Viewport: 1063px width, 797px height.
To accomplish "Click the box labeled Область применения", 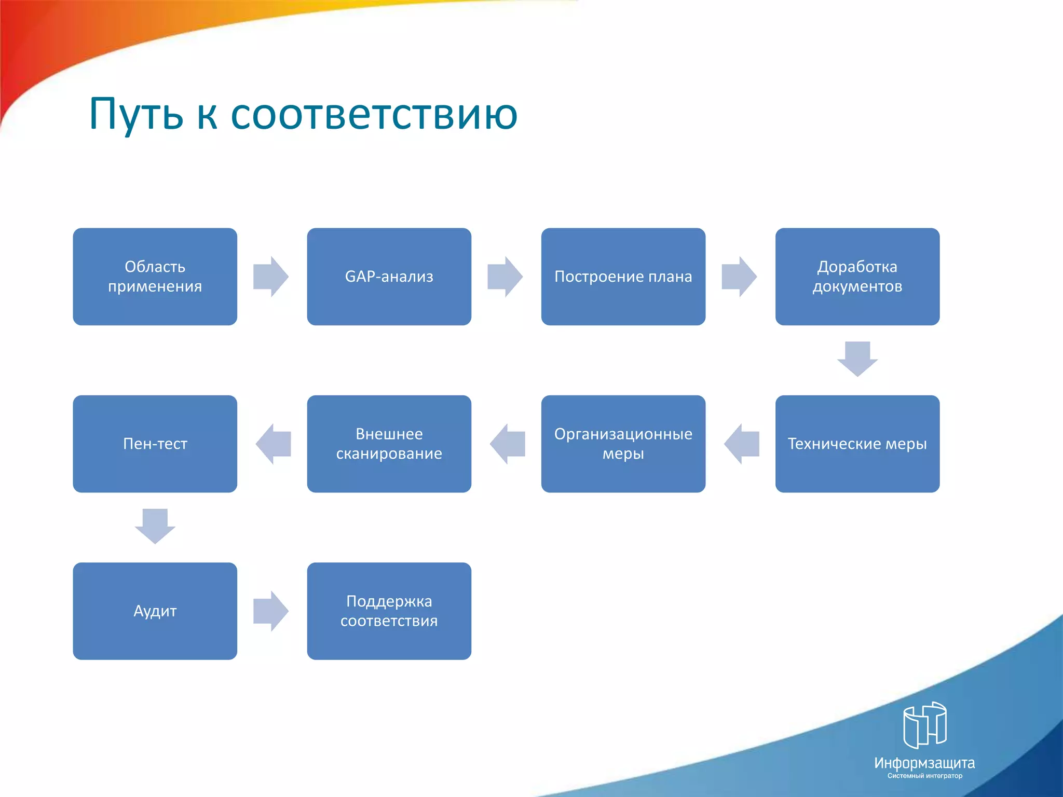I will tap(155, 277).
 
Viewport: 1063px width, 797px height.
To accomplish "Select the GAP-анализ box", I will tap(389, 277).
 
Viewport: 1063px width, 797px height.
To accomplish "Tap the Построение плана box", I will tap(623, 277).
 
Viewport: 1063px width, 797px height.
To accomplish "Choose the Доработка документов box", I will tap(857, 277).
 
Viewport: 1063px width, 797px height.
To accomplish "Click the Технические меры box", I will tap(857, 444).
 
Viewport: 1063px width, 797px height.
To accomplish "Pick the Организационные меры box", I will tap(623, 444).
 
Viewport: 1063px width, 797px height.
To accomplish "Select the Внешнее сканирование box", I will tap(389, 444).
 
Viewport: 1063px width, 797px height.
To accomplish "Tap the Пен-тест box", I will tap(155, 444).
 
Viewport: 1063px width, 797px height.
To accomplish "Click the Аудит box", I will tap(155, 611).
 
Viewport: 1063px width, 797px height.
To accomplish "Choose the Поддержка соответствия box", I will tap(389, 611).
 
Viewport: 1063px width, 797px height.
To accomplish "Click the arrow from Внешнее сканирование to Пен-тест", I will tap(273, 444).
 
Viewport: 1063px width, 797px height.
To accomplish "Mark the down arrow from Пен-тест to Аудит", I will tap(155, 526).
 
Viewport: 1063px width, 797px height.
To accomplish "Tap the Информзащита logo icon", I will tap(924, 725).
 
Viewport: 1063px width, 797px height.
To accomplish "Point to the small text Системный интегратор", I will tap(924, 776).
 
